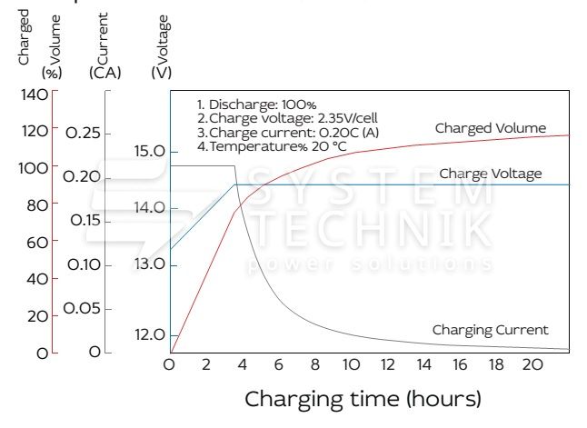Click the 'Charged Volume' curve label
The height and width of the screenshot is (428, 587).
(x=490, y=128)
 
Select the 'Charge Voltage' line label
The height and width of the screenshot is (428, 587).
(x=490, y=174)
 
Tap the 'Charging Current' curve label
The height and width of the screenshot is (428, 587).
(x=490, y=329)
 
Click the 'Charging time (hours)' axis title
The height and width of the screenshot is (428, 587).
(x=363, y=398)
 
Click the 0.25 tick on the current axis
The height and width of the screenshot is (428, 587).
(x=83, y=133)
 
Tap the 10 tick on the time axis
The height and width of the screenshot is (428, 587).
(x=351, y=364)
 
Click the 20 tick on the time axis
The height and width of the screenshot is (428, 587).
(x=533, y=364)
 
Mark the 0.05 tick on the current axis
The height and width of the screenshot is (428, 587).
(x=82, y=308)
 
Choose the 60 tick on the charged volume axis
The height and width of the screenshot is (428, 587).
(x=37, y=242)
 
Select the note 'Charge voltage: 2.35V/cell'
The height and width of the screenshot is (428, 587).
(x=281, y=117)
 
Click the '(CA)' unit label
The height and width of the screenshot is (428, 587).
(x=105, y=72)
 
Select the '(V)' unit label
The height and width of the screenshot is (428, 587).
(x=163, y=72)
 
